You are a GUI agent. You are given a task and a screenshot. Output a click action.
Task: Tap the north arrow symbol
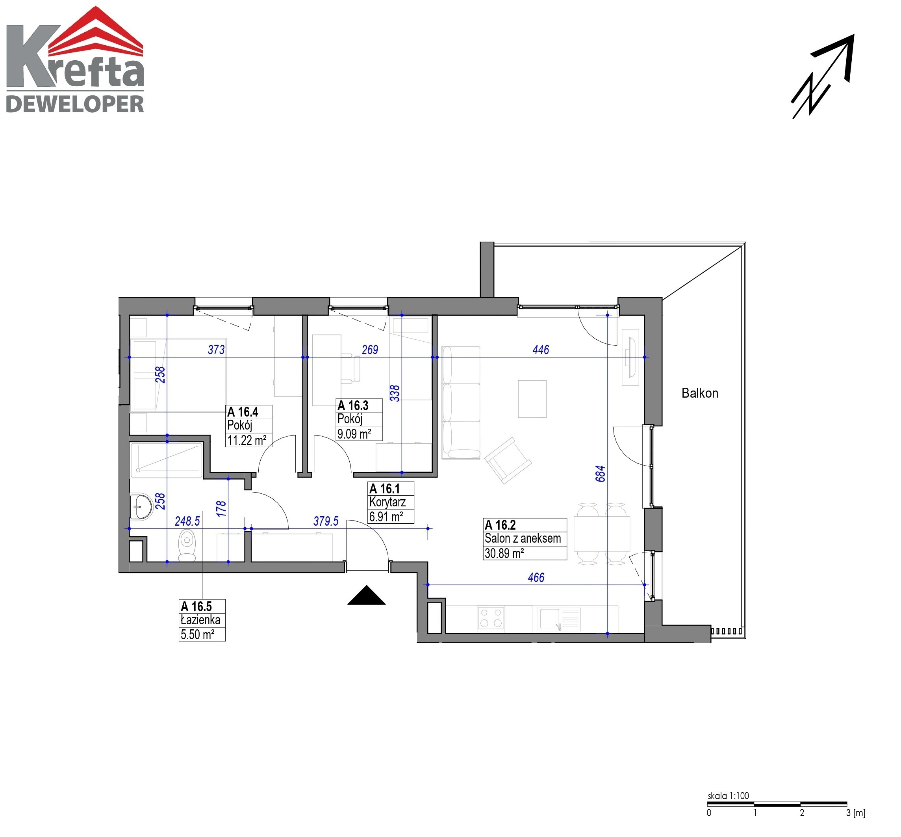pos(822,76)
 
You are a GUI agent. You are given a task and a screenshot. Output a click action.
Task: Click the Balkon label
pos(700,393)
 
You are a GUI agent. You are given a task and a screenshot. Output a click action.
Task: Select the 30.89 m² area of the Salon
pos(504,553)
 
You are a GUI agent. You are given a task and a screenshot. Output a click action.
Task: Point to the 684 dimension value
pos(600,473)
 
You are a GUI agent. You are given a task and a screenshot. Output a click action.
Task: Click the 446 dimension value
pos(541,350)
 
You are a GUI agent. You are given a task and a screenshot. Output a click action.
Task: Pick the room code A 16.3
pos(353,405)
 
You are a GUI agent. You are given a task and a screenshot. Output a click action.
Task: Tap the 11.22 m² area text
pos(247,440)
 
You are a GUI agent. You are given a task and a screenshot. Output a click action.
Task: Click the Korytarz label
pos(387,502)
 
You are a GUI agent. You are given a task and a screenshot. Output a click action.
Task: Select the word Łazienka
pos(200,619)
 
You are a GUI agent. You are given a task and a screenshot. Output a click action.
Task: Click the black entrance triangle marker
pos(367,595)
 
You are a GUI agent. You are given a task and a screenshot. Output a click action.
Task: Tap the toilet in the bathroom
pos(187,545)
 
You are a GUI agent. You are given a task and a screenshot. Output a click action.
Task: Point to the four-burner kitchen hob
pos(491,618)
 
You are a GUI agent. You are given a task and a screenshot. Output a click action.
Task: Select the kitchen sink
pos(559,619)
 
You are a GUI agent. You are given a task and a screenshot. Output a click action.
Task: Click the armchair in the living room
pos(508,460)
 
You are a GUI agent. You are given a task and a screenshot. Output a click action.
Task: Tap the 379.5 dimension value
pos(326,521)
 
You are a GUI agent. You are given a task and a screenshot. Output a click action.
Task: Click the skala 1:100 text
pos(728,796)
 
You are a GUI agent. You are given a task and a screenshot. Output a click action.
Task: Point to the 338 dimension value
pos(395,393)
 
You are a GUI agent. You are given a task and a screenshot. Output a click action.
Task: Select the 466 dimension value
pos(536,577)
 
